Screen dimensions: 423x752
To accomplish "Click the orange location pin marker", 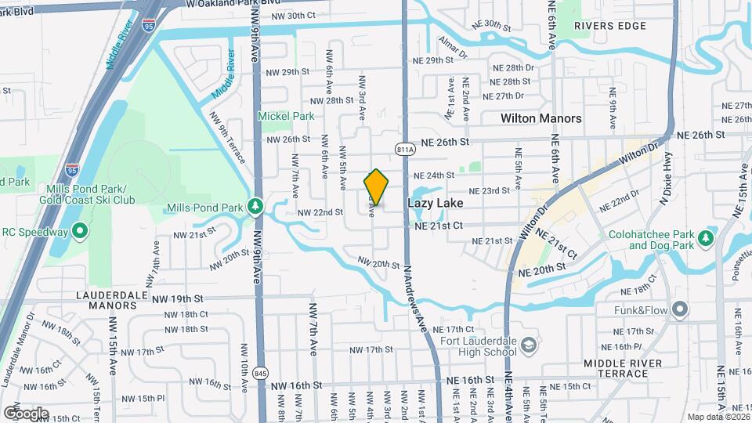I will tap(376, 187).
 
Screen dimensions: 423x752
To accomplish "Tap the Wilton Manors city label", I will tap(541, 118).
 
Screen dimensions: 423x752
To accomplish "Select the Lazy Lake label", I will tap(435, 203).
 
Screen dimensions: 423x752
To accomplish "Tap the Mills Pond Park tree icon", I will tap(254, 207).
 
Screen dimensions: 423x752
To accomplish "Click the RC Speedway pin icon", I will tap(79, 231).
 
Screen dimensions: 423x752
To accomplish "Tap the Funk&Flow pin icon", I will tap(679, 309).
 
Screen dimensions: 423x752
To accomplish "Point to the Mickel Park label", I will tap(286, 116).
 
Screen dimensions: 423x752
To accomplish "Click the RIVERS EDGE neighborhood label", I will tap(610, 26).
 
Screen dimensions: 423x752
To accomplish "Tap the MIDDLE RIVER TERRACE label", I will tap(623, 368).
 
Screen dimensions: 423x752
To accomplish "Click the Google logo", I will tap(25, 413).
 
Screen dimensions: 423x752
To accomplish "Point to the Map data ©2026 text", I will tap(718, 416).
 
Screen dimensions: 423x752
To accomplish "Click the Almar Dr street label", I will tap(453, 47).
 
